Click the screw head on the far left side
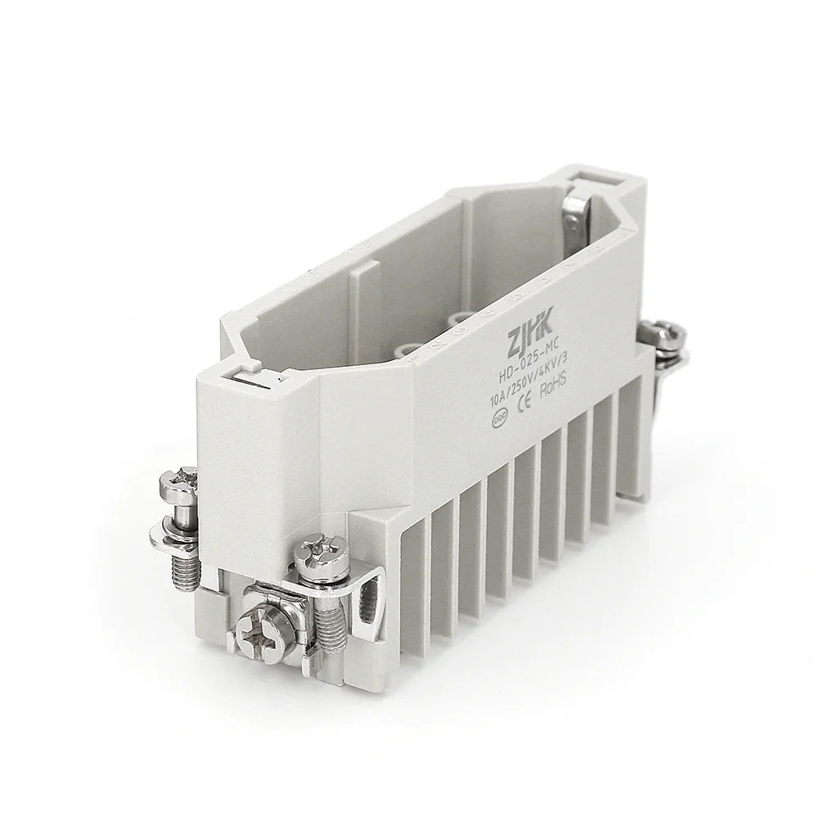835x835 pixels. click(179, 484)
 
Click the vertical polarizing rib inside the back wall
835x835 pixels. click(365, 303)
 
